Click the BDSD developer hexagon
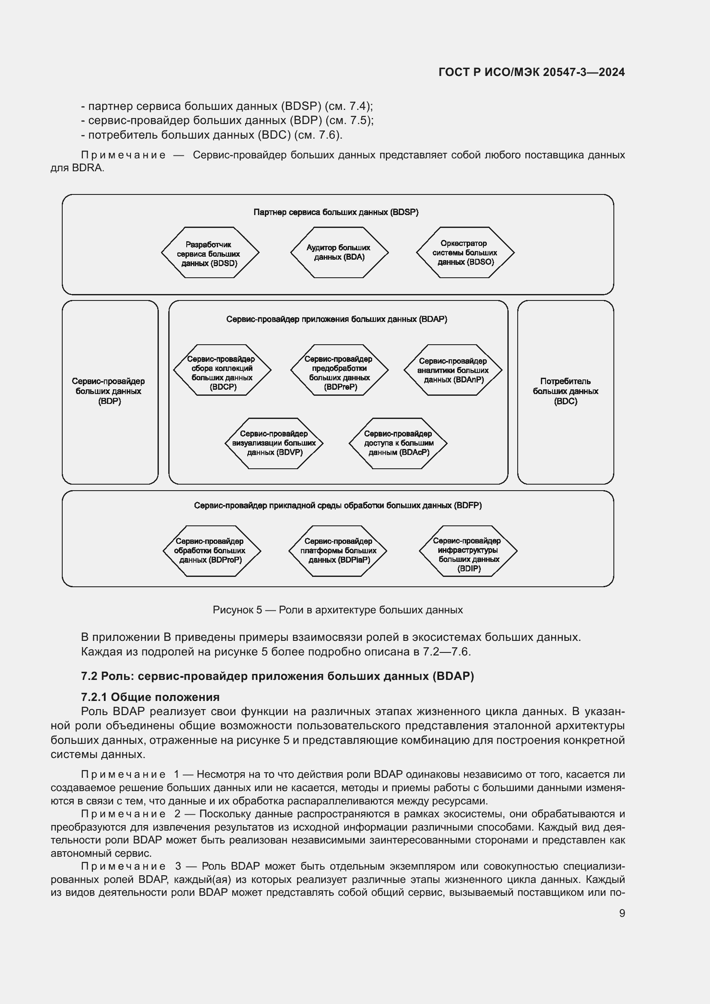point(210,253)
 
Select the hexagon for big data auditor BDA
point(339,253)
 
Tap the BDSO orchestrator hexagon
point(465,253)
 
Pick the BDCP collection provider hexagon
point(222,370)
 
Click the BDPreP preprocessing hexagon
point(339,370)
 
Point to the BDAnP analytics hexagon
point(453,370)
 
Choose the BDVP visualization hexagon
point(274,443)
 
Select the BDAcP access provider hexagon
point(398,443)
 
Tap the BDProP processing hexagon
point(212,551)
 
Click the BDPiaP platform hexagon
point(338,551)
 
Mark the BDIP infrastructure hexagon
point(468,551)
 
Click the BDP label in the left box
point(109,391)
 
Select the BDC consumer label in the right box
point(565,391)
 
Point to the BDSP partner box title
point(336,212)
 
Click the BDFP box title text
point(337,506)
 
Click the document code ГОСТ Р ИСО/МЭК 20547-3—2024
point(531,73)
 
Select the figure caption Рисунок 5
point(337,610)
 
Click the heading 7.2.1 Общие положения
point(150,697)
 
